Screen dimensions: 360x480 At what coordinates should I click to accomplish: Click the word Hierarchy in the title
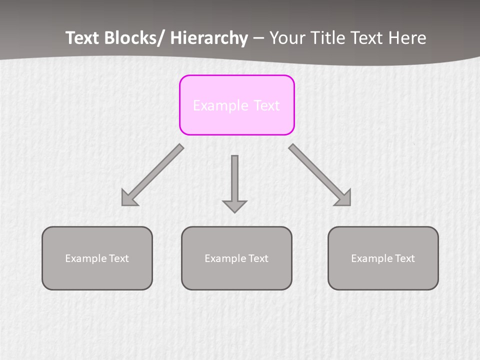tap(209, 38)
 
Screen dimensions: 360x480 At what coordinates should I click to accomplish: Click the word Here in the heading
tap(407, 38)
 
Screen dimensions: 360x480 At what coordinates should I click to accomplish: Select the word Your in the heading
tap(286, 38)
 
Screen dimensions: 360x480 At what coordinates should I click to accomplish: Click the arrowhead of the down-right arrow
tap(344, 199)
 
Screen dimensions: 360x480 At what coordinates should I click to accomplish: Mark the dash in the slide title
tap(258, 38)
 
